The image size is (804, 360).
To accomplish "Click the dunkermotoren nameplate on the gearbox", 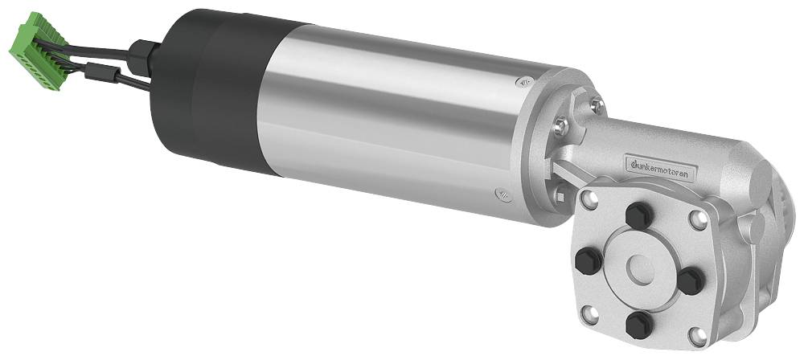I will point(662,166).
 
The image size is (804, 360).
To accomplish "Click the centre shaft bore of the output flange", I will point(640,269).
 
